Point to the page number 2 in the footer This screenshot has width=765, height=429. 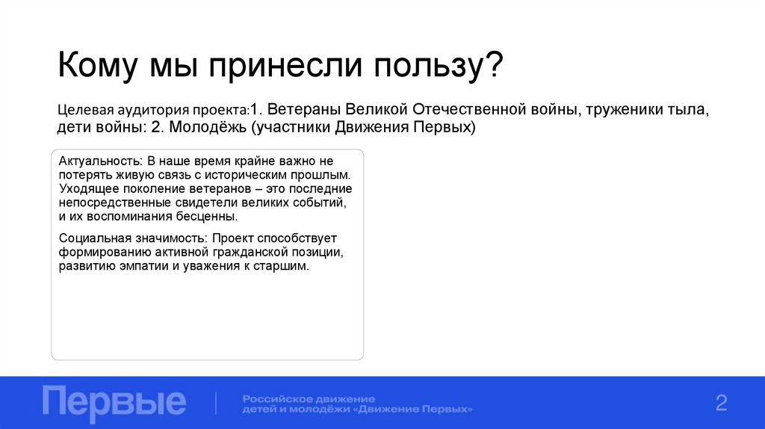point(721,403)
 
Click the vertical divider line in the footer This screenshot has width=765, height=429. point(216,404)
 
